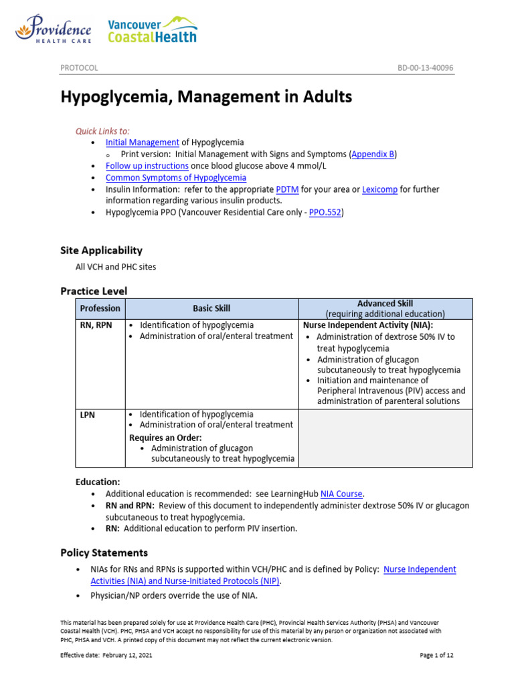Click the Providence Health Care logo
[53, 31]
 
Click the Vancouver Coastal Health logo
[153, 29]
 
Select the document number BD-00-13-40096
[426, 68]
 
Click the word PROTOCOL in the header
[79, 68]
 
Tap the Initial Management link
[142, 142]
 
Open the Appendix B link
[373, 154]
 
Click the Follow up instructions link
[147, 166]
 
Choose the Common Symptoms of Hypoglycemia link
[176, 178]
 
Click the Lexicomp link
[379, 189]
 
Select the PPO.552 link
[325, 213]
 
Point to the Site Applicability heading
[101, 250]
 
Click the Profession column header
[100, 308]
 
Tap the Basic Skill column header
[211, 308]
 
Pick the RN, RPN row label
[95, 325]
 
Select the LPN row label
[88, 415]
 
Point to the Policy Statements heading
[104, 553]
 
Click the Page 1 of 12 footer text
[436, 656]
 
